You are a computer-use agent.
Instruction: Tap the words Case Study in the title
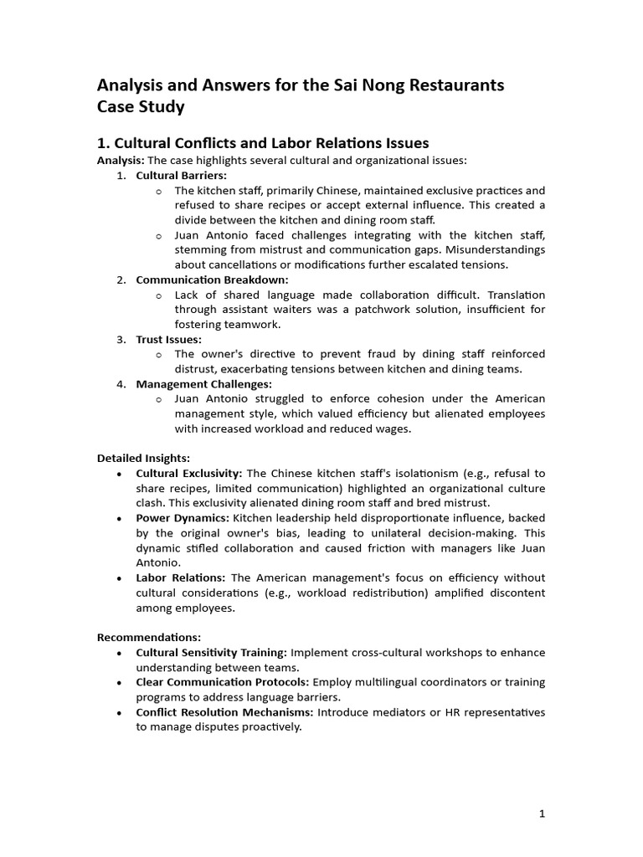tap(141, 107)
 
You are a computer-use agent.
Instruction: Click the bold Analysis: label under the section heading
tap(121, 160)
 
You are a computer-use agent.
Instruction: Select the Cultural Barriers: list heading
tap(182, 175)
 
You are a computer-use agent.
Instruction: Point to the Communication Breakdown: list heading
tap(212, 280)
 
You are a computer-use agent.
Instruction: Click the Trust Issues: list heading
tap(168, 339)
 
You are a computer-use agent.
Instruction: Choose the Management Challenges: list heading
tap(203, 384)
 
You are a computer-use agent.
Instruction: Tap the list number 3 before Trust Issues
tap(121, 339)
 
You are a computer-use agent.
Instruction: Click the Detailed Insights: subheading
tap(143, 459)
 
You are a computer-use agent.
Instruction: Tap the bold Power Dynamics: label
tap(182, 518)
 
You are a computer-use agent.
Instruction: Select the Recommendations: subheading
tap(149, 638)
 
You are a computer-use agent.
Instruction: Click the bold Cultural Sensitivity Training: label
tap(211, 653)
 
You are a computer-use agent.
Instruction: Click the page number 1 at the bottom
tap(543, 813)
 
